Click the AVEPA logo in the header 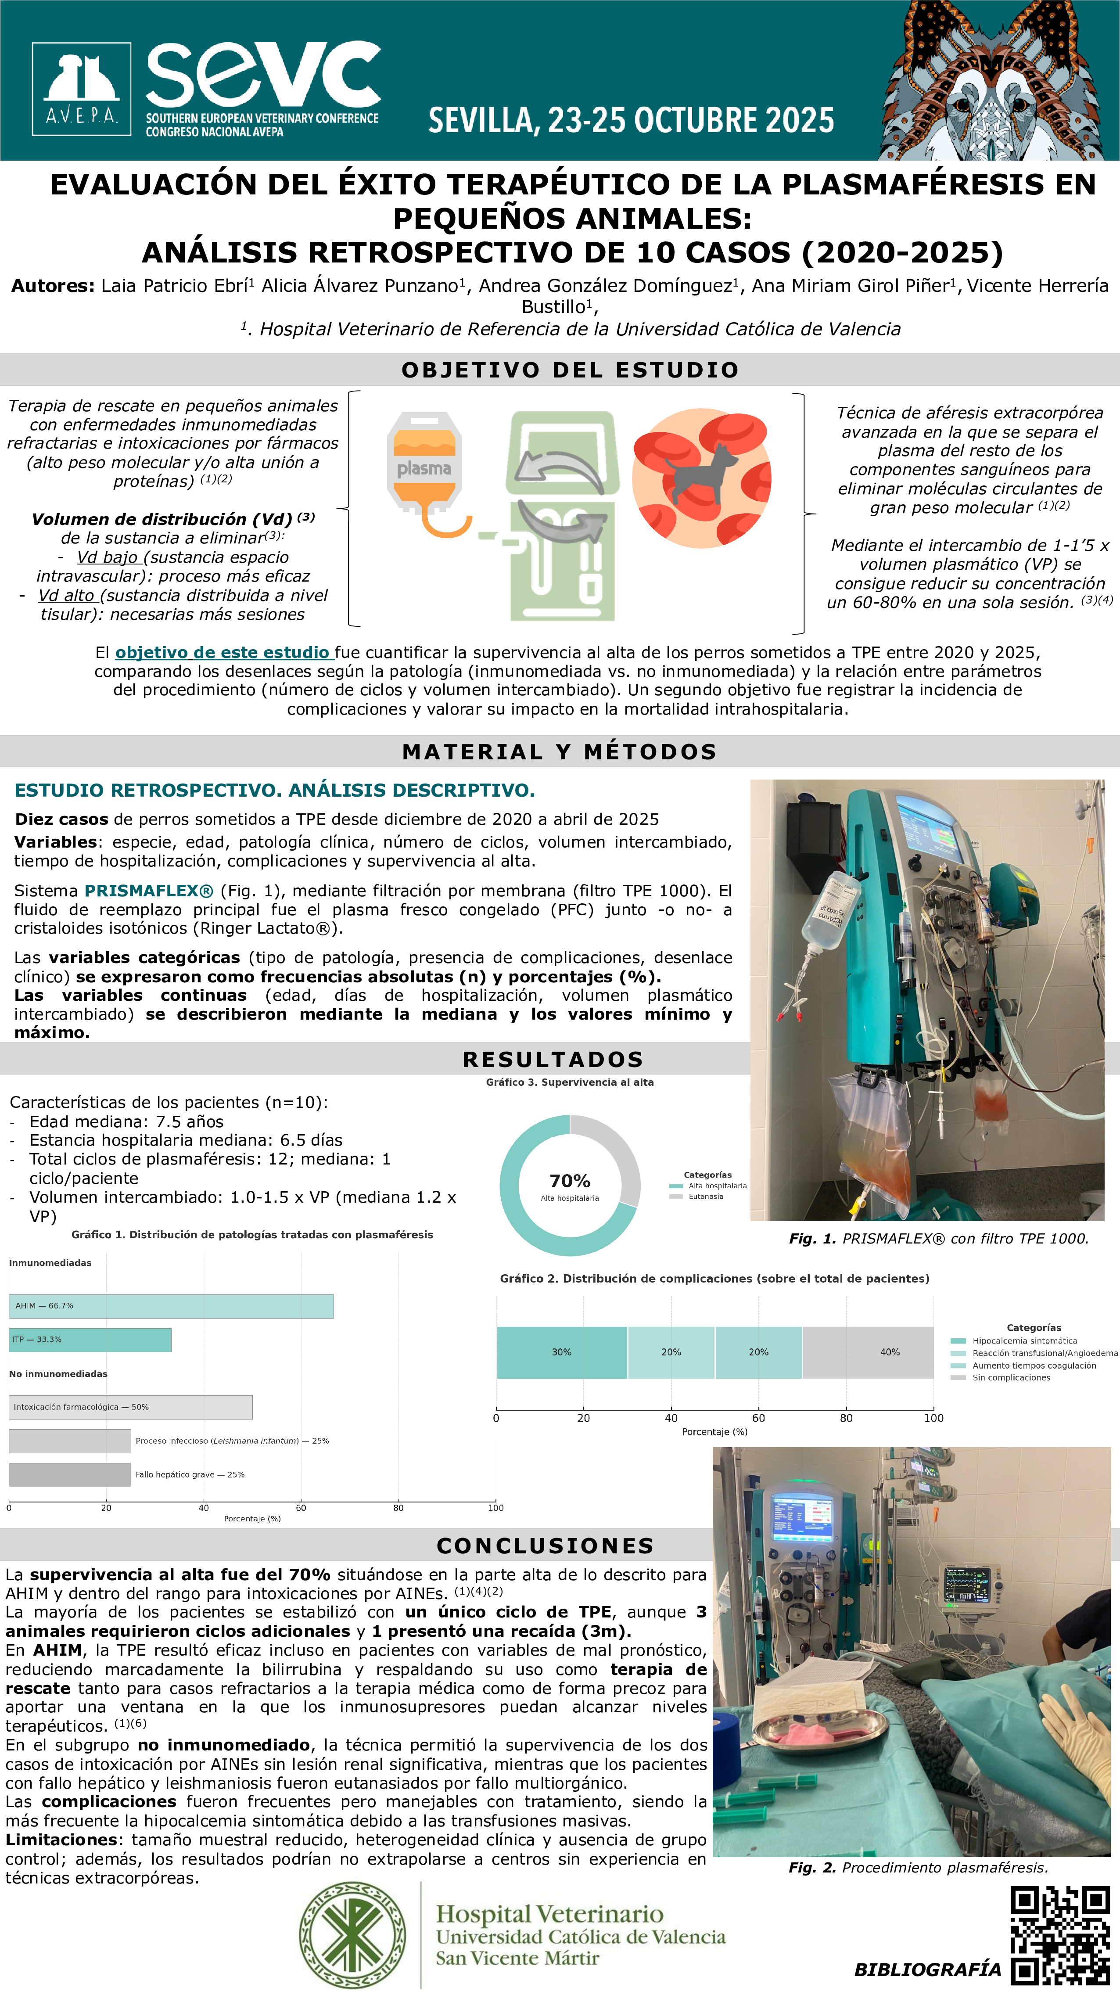click(x=81, y=89)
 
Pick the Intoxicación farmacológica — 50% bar click(x=131, y=1407)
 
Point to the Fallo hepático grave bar click(x=70, y=1475)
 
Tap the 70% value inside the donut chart click(x=570, y=1181)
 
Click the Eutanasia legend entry click(x=705, y=1197)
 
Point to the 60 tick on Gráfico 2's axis click(x=758, y=1418)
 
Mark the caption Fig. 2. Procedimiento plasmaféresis click(x=918, y=1867)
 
